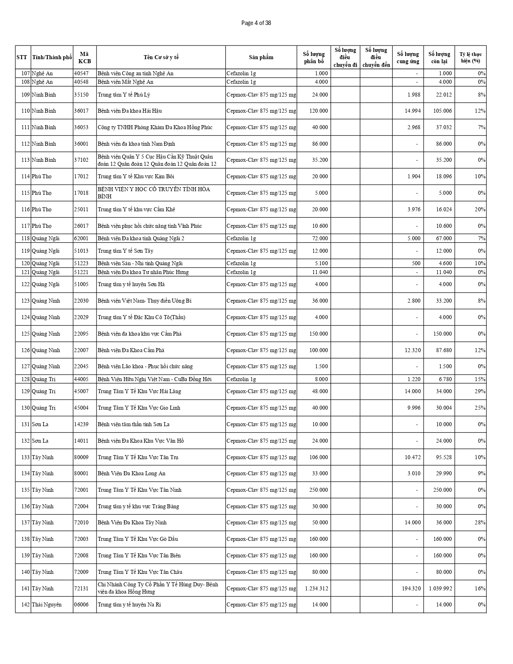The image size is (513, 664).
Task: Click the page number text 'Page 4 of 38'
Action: [x=256, y=23]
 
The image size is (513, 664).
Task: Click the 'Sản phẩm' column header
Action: [x=261, y=57]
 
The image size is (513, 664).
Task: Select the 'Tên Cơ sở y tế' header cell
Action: [x=161, y=57]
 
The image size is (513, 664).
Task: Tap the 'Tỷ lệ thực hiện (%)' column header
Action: [x=470, y=57]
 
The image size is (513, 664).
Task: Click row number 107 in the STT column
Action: [x=25, y=73]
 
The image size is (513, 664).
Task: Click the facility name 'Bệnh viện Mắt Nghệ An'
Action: [x=126, y=82]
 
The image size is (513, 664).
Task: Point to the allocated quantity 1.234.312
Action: [x=317, y=588]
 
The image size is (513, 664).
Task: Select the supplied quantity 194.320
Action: [x=411, y=588]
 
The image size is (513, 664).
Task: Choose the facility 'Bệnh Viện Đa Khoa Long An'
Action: [x=132, y=473]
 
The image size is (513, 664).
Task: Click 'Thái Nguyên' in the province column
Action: [x=47, y=604]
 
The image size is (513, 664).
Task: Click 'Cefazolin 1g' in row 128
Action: [x=241, y=379]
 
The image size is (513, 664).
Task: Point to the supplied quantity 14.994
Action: [x=412, y=111]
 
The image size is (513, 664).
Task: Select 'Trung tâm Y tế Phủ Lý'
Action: [x=124, y=95]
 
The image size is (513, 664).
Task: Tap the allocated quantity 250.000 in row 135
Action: [x=318, y=490]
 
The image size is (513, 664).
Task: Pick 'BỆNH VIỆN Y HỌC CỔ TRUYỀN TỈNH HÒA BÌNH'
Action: [x=154, y=193]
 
